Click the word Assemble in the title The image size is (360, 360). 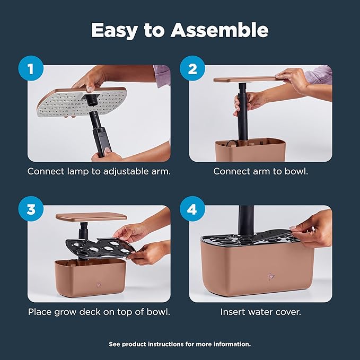(x=219, y=30)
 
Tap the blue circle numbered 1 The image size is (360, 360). (x=31, y=68)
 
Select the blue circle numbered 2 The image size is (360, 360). (x=192, y=68)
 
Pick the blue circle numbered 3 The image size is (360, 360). (x=31, y=209)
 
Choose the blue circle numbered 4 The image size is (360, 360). (x=192, y=209)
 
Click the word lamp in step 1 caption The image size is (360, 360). (x=78, y=172)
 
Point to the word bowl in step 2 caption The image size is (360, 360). (x=296, y=171)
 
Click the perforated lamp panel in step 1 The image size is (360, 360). (x=82, y=103)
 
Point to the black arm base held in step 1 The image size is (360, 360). (x=102, y=142)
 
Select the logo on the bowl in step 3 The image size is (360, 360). (x=99, y=285)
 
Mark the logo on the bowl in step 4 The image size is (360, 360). (x=271, y=276)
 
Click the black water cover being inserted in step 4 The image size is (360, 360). (x=276, y=235)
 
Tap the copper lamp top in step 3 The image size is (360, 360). (x=91, y=217)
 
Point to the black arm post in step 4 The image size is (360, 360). (x=246, y=220)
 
